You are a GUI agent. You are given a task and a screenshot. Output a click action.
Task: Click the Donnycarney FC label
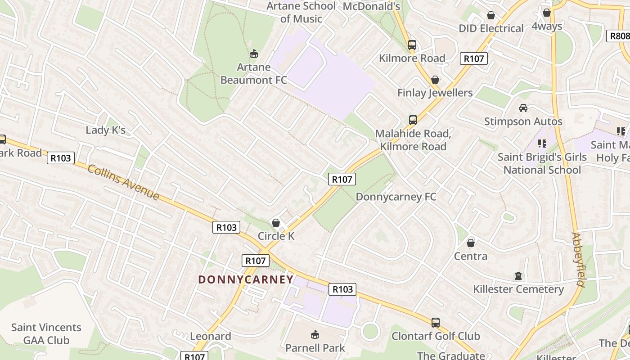396,197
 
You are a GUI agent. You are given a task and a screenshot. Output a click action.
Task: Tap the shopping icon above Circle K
276,223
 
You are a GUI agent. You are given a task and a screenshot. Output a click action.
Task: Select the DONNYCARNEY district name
246,279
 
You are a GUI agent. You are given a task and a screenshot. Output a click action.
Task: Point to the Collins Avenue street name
123,182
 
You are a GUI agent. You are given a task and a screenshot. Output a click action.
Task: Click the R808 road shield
619,36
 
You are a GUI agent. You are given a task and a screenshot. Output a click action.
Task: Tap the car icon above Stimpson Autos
523,108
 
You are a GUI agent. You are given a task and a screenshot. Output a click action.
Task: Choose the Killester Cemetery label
518,289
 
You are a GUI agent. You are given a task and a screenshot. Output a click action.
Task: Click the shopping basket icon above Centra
471,243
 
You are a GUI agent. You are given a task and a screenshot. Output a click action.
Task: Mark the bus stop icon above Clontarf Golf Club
435,322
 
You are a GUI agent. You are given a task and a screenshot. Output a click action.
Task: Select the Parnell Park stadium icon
315,334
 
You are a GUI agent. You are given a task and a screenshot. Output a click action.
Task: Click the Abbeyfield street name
579,260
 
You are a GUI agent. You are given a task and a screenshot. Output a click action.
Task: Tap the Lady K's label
105,130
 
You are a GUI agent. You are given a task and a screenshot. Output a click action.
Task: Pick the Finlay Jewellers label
435,93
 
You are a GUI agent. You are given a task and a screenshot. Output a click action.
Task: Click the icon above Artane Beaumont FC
254,54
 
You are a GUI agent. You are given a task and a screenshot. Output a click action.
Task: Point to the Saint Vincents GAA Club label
46,333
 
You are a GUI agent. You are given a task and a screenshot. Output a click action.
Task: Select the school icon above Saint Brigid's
542,144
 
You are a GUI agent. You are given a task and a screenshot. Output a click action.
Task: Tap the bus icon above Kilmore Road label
412,45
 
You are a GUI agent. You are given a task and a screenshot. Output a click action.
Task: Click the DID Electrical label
491,28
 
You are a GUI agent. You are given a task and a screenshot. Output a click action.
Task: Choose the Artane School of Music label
301,12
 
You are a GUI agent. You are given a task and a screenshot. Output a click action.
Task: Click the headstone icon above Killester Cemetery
518,275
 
